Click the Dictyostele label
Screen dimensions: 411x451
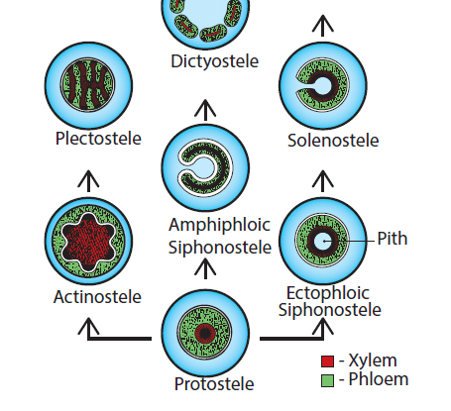pyautogui.click(x=214, y=61)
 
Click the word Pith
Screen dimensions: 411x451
pyautogui.click(x=392, y=239)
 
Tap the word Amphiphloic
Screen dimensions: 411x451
pyautogui.click(x=205, y=225)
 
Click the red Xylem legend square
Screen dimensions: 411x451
pyautogui.click(x=327, y=360)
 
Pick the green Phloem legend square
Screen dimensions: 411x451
pyautogui.click(x=327, y=379)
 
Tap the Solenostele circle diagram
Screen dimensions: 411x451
pyautogui.click(x=319, y=87)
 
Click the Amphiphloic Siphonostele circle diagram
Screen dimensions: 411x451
pyautogui.click(x=205, y=165)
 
